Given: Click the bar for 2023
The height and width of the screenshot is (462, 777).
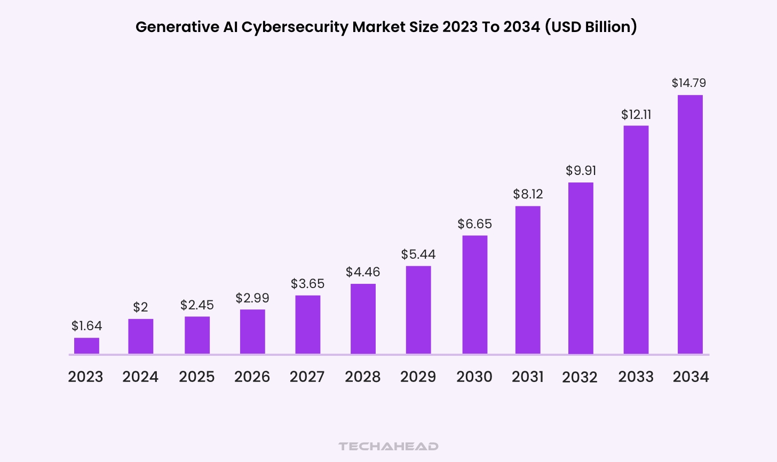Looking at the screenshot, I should coord(86,346).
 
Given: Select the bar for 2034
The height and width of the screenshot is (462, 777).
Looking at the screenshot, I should coord(690,224).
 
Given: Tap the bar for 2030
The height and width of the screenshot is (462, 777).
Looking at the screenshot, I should coord(474,294).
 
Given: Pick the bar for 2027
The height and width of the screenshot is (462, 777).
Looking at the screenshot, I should coord(307,324).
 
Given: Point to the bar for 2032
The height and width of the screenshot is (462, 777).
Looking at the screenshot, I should coord(581,268).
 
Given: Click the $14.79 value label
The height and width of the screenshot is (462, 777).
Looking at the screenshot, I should coord(688,83).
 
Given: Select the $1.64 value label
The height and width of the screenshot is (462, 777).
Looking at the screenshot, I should coord(86,326).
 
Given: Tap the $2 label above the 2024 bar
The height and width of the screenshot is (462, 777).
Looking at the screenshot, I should coord(140,307).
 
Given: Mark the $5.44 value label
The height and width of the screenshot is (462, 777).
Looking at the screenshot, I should coord(418,254).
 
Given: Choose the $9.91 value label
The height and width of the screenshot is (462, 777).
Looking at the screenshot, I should coord(581,171).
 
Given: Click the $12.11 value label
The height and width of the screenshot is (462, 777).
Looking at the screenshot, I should coord(636,115).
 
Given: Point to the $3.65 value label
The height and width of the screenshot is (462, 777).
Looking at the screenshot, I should coord(307,284).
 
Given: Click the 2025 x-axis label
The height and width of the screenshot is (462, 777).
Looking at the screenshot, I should coord(196,377).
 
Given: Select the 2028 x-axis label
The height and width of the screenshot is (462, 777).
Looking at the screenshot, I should coord(363,377).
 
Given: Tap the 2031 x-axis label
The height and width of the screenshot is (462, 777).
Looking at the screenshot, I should coord(528,377).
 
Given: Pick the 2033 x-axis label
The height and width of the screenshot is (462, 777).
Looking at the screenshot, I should coord(636,377).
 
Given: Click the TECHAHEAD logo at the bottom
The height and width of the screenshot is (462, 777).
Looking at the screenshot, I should coord(388,446).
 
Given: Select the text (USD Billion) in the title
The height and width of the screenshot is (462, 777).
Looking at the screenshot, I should coord(591,27).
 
